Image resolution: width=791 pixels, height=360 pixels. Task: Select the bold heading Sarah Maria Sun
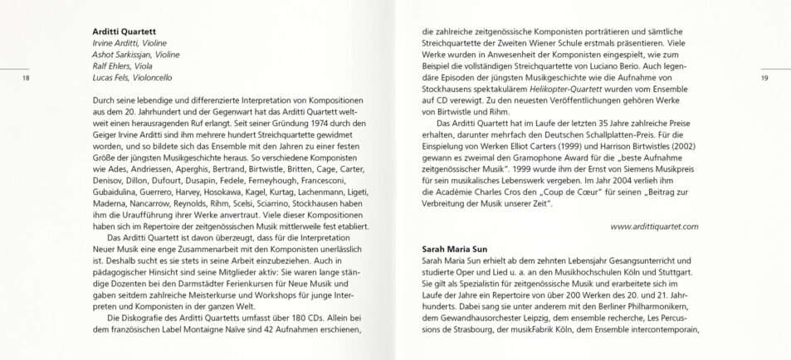[x=456, y=248]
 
